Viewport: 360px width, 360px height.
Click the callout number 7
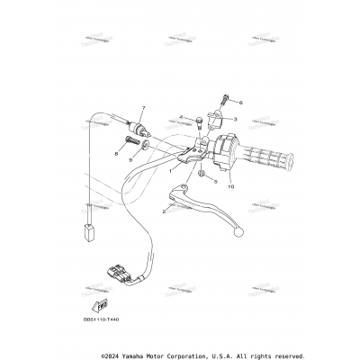[141, 108]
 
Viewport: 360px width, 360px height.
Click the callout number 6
[240, 103]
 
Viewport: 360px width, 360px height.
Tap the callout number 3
[234, 119]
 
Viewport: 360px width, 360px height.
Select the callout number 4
[180, 117]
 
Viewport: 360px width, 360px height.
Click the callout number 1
[168, 168]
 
